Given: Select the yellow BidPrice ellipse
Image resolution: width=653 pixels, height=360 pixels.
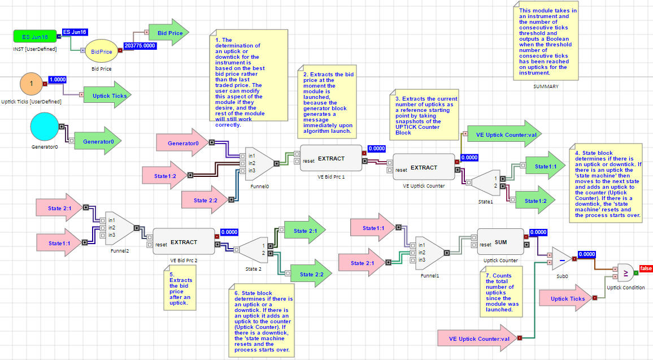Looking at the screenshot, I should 102,51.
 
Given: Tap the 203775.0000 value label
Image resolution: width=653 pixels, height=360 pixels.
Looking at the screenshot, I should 140,45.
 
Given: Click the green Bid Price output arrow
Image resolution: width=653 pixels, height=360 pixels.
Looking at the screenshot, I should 168,33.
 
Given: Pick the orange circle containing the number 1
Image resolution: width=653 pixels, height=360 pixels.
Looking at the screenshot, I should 32,84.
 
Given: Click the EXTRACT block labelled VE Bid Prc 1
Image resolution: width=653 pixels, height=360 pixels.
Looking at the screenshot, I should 330,158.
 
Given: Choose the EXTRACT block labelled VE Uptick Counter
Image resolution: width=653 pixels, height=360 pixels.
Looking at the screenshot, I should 424,167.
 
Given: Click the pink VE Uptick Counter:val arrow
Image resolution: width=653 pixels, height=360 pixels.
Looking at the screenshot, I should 477,339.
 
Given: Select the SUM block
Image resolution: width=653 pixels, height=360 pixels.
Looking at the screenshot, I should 500,241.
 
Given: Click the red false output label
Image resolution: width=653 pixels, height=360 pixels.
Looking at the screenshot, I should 646,268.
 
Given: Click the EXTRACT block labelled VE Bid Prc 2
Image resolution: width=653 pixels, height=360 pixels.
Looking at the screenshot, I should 184,242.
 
